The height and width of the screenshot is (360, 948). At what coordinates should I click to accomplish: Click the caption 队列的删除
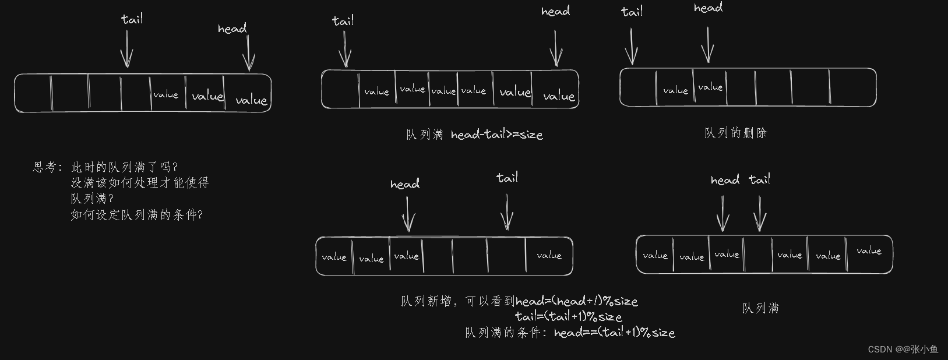[x=735, y=133]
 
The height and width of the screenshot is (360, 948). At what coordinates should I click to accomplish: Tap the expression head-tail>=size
[x=496, y=135]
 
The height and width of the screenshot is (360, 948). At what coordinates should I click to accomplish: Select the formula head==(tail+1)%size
[x=614, y=333]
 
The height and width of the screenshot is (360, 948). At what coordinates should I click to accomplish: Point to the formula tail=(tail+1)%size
[x=569, y=316]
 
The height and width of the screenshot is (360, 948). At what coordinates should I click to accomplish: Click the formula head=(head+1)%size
[x=577, y=301]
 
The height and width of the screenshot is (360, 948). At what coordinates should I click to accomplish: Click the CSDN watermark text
[x=903, y=349]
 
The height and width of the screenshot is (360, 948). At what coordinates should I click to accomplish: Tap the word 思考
[x=45, y=167]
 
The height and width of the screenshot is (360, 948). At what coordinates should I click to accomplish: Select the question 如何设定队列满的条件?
[x=137, y=215]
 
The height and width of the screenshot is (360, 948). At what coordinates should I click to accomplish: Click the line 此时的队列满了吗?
[x=124, y=167]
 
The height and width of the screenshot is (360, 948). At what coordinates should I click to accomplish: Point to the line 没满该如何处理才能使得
[x=140, y=183]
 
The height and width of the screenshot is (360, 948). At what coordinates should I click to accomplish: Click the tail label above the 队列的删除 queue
[x=632, y=12]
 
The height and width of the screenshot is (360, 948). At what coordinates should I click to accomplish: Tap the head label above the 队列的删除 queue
[x=708, y=8]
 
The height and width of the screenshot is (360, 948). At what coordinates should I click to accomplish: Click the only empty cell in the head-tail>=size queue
[x=340, y=89]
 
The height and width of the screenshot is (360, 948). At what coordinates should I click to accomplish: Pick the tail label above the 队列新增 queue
[x=507, y=178]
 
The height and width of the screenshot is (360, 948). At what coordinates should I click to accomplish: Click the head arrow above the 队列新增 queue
[x=408, y=214]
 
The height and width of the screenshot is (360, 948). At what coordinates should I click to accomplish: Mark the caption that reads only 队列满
[x=760, y=308]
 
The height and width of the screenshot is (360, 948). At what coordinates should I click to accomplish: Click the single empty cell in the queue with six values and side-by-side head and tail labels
[x=758, y=255]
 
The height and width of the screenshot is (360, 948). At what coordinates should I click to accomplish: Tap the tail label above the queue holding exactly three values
[x=132, y=19]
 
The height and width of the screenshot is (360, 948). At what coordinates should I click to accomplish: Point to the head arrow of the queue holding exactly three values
[x=249, y=53]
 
